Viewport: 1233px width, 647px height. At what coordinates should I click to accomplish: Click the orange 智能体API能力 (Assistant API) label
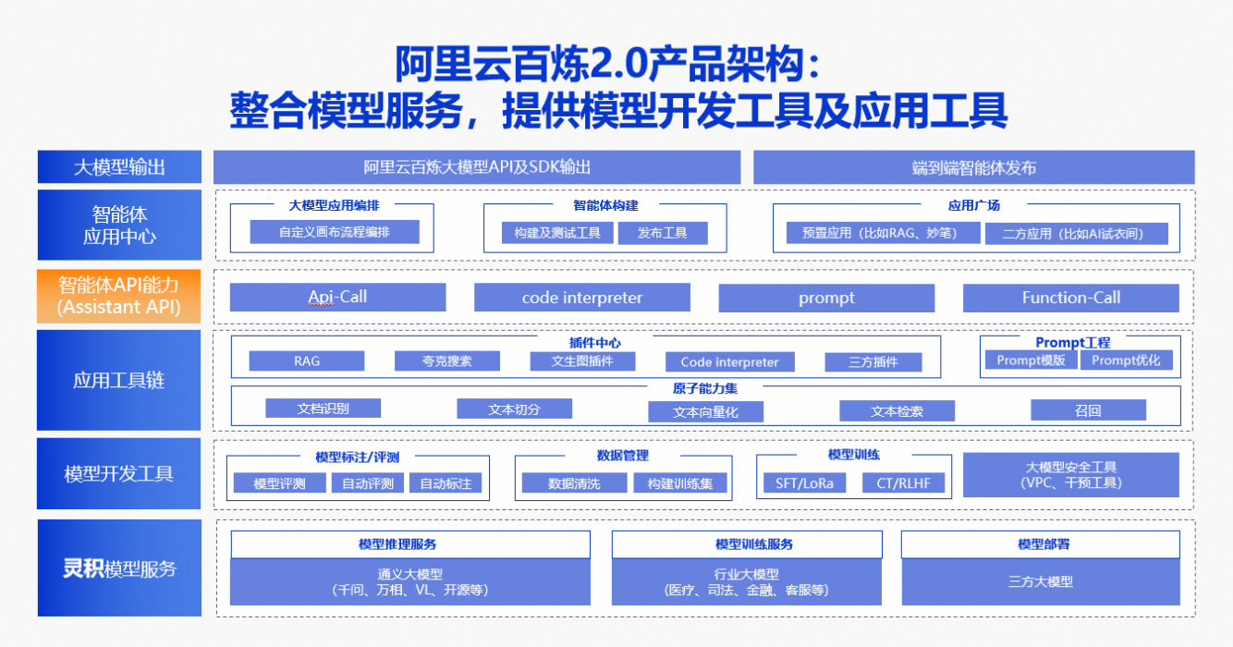(x=119, y=295)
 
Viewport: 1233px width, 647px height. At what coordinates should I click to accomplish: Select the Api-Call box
(x=337, y=297)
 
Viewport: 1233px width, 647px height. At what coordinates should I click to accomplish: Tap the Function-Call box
(x=1070, y=298)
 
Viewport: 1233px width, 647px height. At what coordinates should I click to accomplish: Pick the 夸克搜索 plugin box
(x=447, y=360)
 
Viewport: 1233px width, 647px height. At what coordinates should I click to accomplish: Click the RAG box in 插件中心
(x=307, y=360)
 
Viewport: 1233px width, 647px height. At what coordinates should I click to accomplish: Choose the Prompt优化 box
(x=1131, y=360)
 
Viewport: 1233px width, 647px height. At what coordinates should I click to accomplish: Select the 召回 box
(x=1088, y=410)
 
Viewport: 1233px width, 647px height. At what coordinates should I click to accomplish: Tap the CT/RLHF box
(x=904, y=482)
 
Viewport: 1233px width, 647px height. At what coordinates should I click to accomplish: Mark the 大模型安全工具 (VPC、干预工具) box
(x=1070, y=475)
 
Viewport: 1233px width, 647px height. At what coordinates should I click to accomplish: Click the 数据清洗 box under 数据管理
(x=574, y=482)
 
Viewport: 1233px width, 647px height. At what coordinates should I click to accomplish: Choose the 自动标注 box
(x=446, y=482)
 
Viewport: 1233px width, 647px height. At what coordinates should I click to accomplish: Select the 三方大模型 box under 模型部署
(x=1040, y=581)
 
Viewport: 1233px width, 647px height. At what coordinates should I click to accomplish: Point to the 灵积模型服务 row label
(x=119, y=568)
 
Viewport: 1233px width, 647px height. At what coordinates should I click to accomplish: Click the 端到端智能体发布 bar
(x=973, y=167)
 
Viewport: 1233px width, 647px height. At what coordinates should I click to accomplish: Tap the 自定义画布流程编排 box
(x=335, y=232)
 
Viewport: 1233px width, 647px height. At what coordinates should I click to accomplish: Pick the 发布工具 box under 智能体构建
(x=662, y=233)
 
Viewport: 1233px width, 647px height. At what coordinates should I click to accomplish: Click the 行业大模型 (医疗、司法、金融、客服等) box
(x=746, y=581)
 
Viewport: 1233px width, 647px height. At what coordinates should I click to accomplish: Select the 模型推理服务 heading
(x=409, y=544)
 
